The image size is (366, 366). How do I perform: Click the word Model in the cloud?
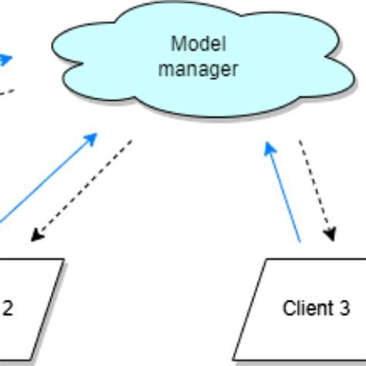click(x=193, y=43)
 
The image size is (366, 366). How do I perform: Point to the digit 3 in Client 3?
click(x=344, y=309)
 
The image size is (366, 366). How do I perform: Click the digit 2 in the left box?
click(x=8, y=309)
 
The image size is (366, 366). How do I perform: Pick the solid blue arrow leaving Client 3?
click(x=284, y=193)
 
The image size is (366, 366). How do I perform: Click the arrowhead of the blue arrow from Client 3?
click(x=269, y=147)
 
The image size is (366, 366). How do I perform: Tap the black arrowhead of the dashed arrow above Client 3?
click(x=330, y=235)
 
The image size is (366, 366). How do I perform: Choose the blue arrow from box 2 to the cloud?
click(x=46, y=178)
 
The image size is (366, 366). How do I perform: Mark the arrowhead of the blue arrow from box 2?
click(x=93, y=137)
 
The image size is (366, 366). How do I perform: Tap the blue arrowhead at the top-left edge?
click(x=8, y=57)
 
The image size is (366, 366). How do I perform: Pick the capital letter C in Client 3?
click(x=287, y=309)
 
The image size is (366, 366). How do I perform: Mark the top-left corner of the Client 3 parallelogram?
click(x=266, y=259)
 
